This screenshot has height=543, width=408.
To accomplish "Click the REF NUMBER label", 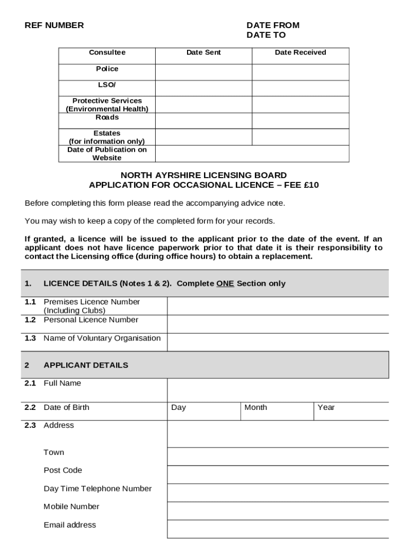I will (54, 25).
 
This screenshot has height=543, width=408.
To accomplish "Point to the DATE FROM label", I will (272, 25).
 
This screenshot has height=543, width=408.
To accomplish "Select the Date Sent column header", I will (203, 52).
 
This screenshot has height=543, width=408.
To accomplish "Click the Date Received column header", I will (300, 52).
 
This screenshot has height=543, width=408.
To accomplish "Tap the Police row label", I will (107, 69).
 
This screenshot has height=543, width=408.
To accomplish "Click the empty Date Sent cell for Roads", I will (203, 121).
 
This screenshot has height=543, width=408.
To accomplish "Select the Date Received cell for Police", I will (300, 72).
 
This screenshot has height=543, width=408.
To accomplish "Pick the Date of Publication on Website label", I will (107, 154).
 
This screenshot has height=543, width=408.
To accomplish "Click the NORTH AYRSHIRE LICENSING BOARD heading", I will (203, 175).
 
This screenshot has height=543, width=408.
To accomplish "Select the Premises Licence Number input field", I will (278, 306).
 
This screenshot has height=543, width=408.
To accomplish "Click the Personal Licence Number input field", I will (278, 324).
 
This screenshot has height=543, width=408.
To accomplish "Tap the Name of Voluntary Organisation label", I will (102, 338).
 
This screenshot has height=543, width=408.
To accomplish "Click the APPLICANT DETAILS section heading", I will (86, 365).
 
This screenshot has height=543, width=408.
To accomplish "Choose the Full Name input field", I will (278, 390).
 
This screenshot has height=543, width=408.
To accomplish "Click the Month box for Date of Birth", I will (277, 411).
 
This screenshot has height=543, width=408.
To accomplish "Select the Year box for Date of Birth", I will (351, 411).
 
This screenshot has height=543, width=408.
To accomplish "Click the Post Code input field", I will (278, 475).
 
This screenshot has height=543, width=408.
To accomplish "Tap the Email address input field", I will (278, 529).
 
